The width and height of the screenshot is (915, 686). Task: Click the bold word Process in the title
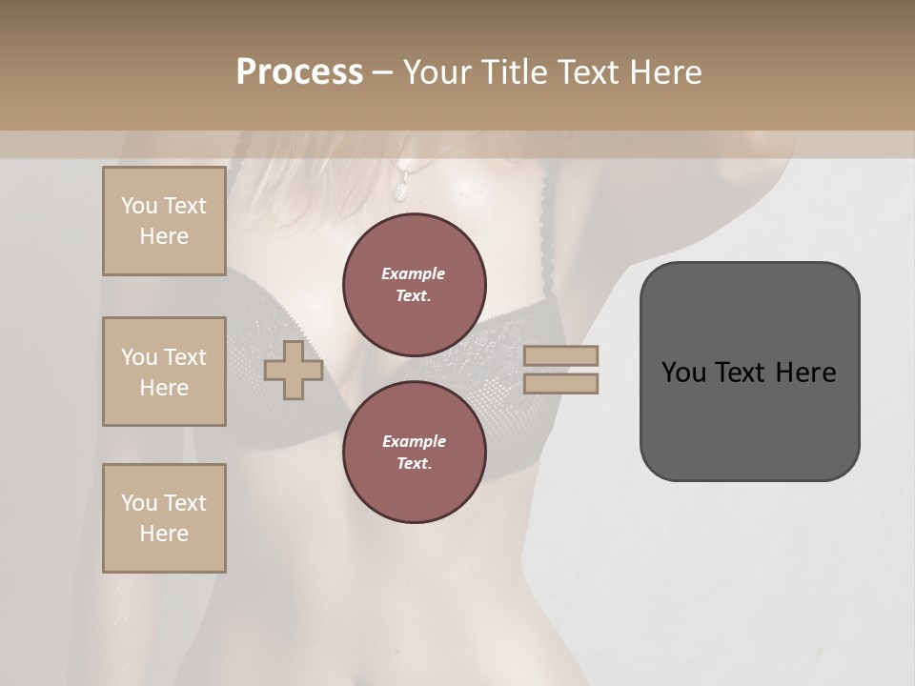coord(299,72)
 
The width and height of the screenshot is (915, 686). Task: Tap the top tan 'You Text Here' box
coord(164,221)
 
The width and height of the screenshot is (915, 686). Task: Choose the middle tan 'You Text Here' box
coord(164,372)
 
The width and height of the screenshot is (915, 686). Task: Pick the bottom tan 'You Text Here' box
coord(164,518)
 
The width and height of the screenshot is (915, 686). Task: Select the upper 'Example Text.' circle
coord(415,285)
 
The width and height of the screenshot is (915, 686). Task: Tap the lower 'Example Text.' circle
coord(415,453)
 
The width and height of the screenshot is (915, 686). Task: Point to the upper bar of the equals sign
coord(561,355)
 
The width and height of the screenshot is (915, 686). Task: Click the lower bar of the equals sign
coord(561,383)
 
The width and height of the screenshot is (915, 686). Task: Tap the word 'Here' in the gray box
coord(805,373)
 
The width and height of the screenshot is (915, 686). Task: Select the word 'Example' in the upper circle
coord(414,273)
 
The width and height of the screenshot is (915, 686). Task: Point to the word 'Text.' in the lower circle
coord(414,464)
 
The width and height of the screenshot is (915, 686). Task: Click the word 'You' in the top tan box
coord(139,206)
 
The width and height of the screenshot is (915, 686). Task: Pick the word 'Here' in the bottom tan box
coord(164,534)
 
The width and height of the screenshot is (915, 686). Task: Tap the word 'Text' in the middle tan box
coord(185,357)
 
